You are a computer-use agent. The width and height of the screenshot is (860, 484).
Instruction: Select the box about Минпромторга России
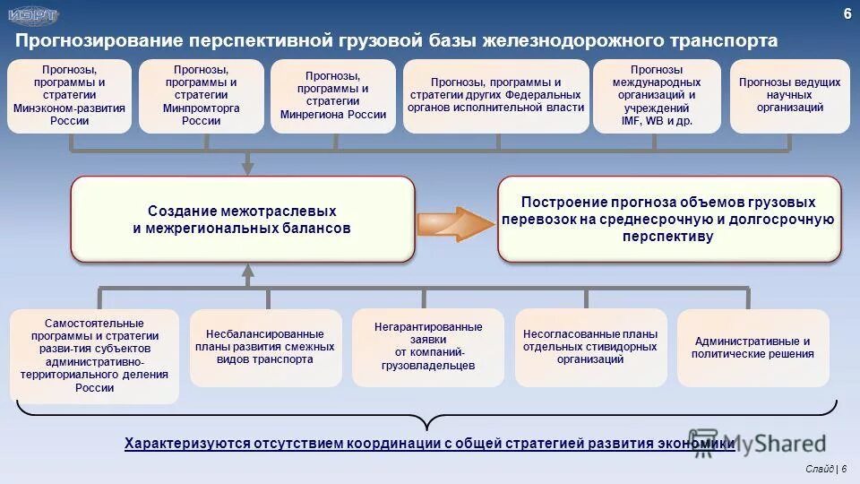click(202, 96)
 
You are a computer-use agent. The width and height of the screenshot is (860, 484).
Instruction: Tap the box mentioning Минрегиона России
click(333, 96)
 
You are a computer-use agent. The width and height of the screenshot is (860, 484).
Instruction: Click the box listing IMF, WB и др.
click(657, 96)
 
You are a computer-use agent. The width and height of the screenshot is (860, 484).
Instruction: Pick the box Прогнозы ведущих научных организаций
click(789, 96)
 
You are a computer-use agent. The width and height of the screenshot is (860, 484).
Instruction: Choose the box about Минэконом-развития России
click(70, 96)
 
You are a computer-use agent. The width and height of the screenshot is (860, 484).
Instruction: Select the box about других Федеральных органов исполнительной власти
click(495, 96)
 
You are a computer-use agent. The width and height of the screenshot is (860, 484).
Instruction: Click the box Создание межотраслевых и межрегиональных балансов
click(243, 220)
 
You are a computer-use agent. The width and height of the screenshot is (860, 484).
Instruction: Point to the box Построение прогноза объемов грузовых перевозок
click(669, 220)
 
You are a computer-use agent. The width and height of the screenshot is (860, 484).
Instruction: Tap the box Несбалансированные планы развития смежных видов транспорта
click(265, 347)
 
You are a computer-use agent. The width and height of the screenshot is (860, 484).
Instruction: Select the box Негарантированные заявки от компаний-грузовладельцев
click(428, 347)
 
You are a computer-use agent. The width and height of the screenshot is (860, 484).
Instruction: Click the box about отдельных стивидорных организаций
click(590, 347)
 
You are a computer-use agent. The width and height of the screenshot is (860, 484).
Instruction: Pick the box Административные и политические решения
click(752, 347)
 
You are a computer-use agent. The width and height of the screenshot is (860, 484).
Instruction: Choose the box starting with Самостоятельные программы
click(94, 356)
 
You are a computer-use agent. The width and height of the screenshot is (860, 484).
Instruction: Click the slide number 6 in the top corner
click(847, 13)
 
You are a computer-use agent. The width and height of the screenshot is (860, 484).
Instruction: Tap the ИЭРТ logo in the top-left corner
click(33, 15)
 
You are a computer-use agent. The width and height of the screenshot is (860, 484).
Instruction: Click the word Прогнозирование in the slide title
click(98, 41)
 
